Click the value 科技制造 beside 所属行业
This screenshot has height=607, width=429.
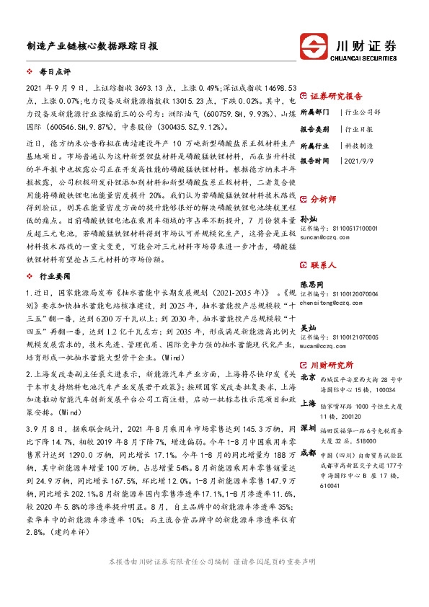[x=361, y=145]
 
